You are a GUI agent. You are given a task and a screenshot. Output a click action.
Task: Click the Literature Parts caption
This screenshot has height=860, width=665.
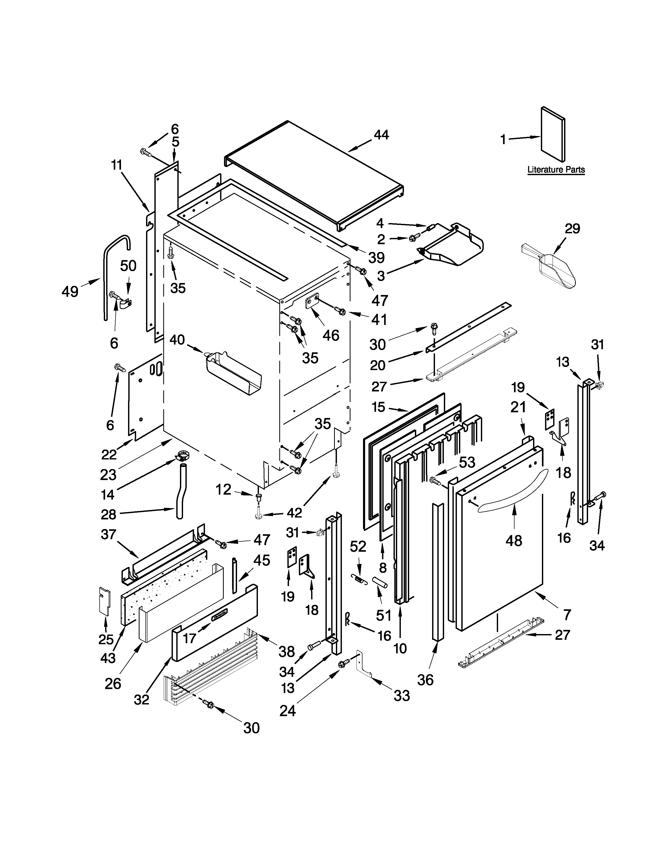point(556,170)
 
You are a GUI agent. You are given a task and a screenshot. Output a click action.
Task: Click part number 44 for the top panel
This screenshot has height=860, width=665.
point(381,135)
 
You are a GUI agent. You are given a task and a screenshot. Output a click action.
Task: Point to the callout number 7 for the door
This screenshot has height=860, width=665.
point(567,614)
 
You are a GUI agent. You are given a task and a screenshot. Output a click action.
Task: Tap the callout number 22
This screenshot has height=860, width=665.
point(109,454)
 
